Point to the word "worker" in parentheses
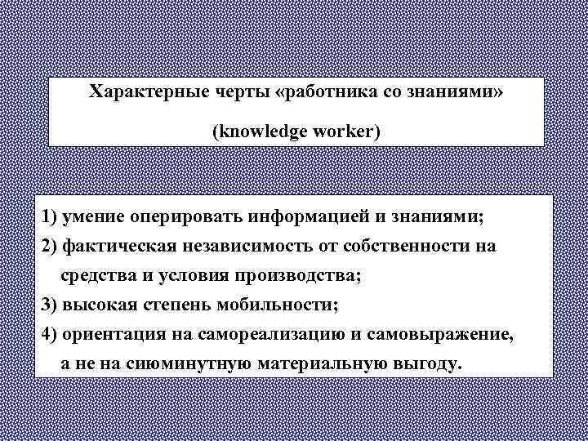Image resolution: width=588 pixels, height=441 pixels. click(347, 131)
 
